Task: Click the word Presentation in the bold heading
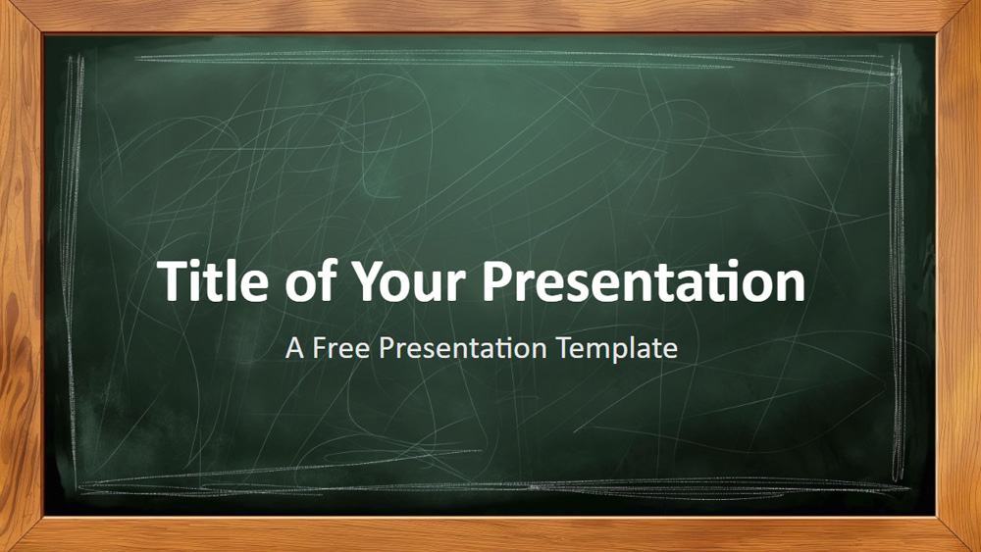[x=643, y=282]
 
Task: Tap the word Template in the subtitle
[x=617, y=348]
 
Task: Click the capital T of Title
[x=173, y=282]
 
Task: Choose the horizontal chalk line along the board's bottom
[x=490, y=484]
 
